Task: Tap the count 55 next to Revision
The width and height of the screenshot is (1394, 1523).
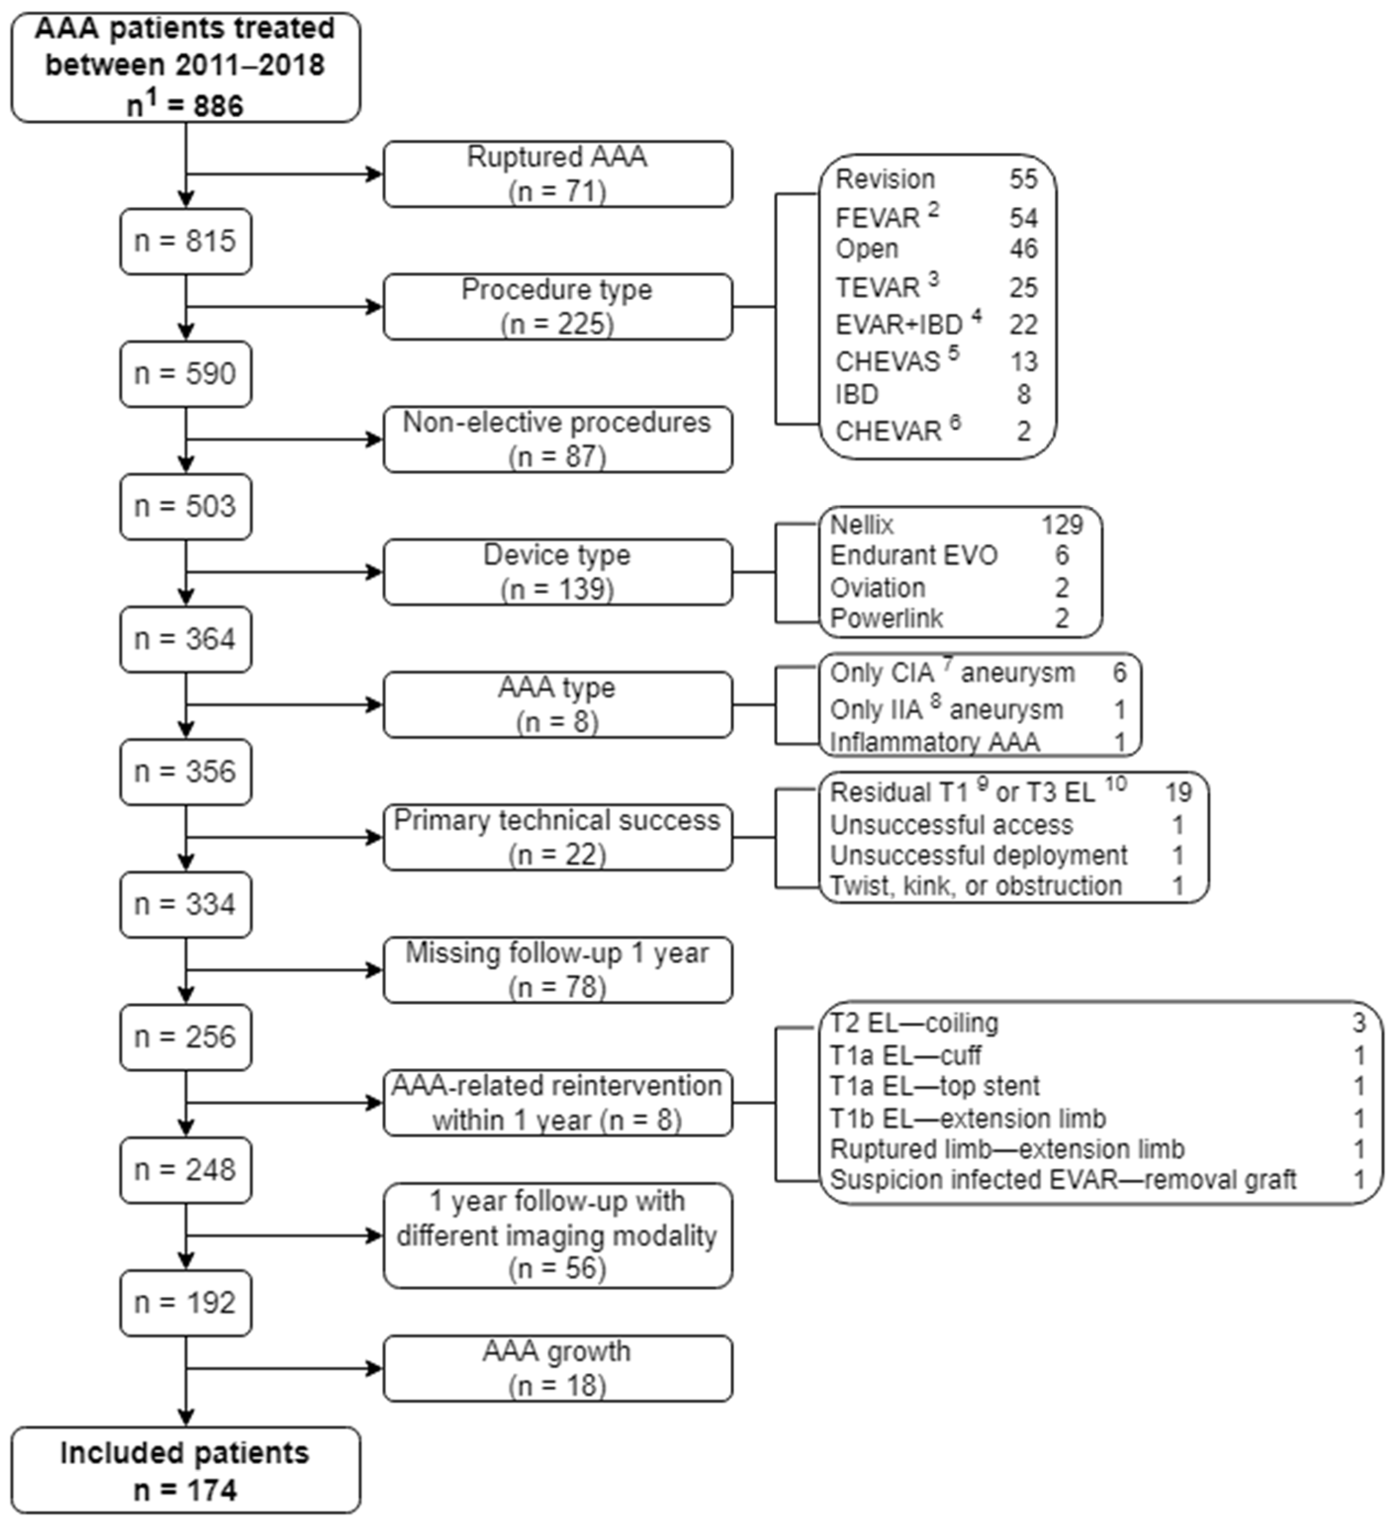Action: point(1023,179)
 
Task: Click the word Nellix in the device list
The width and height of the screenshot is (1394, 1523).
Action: point(861,524)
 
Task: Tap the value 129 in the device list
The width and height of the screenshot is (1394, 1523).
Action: point(1062,524)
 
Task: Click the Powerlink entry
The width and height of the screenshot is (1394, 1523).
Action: point(886,618)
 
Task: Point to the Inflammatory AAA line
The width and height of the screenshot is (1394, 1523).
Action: point(935,742)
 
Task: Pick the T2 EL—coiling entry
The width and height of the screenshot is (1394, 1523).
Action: point(914,1023)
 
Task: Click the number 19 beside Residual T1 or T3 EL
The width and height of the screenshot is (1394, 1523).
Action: point(1177,792)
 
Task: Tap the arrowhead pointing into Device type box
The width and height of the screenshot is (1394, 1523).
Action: point(374,572)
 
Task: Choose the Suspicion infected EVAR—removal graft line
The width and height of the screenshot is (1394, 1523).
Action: point(1062,1180)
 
